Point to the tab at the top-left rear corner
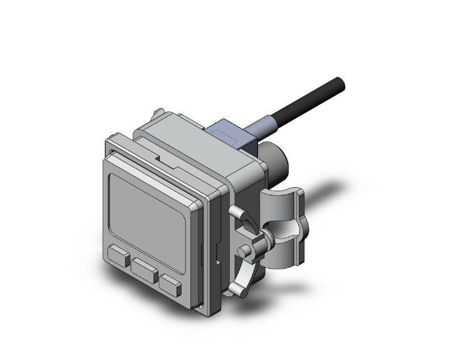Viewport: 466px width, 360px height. (157, 114)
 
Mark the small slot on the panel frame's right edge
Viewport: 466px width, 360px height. (200, 253)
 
